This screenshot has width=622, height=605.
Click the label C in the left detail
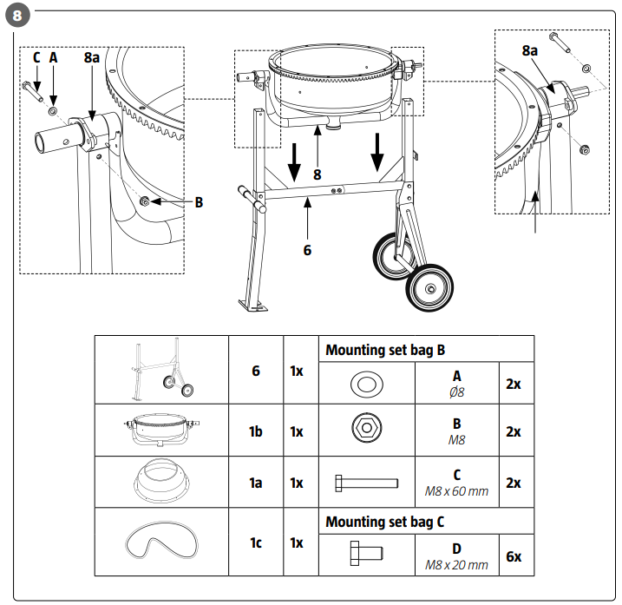[36, 57]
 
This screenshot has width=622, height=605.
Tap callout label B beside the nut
[199, 202]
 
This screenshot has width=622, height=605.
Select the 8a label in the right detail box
[530, 51]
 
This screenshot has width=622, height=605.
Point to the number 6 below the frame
[307, 250]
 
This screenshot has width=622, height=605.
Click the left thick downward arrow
[296, 161]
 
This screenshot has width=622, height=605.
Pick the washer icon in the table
[367, 382]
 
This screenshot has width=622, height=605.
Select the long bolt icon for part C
[367, 482]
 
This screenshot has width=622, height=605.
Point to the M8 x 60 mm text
[456, 491]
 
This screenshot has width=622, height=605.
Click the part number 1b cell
[256, 431]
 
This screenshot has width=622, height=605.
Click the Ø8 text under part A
[456, 391]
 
